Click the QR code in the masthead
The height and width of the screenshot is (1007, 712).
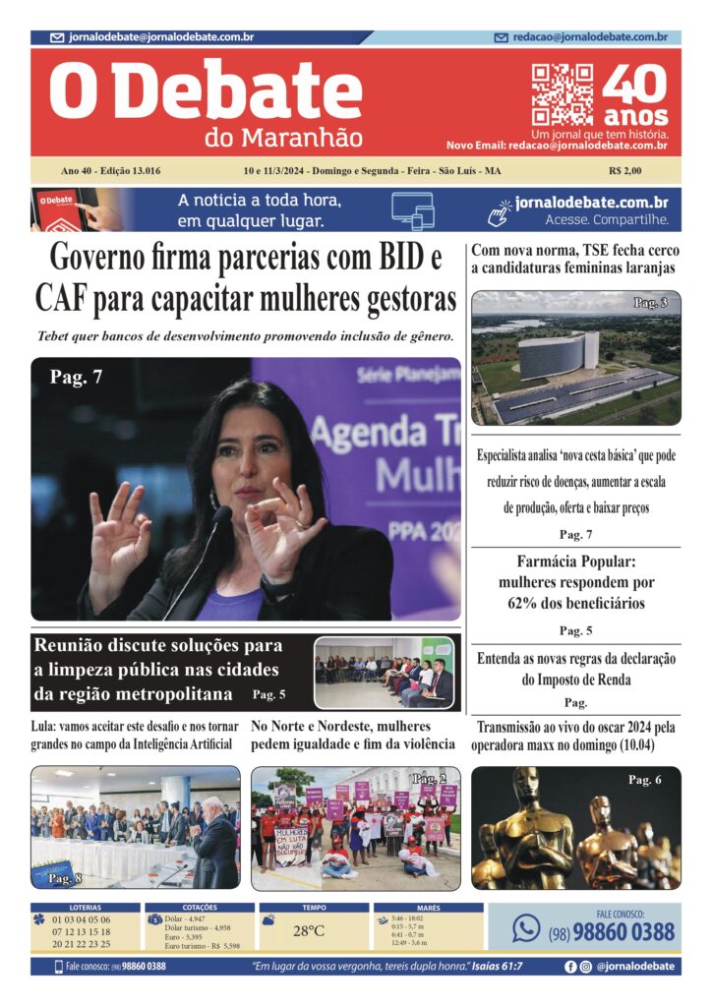563,93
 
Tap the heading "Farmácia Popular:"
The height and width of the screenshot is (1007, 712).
574,563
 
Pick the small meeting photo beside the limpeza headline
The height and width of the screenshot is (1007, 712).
384,673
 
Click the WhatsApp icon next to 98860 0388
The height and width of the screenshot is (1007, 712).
526,927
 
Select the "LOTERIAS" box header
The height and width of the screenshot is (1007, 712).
85,907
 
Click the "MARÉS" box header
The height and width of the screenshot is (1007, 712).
428,907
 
